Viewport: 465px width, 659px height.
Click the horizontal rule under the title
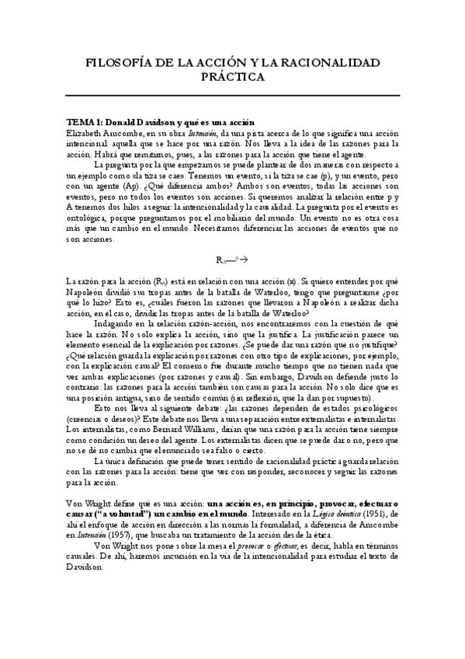(x=232, y=95)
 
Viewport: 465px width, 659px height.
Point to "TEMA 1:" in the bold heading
(x=83, y=123)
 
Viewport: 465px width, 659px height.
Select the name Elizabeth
(x=85, y=133)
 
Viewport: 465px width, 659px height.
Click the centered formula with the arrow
(x=231, y=257)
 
